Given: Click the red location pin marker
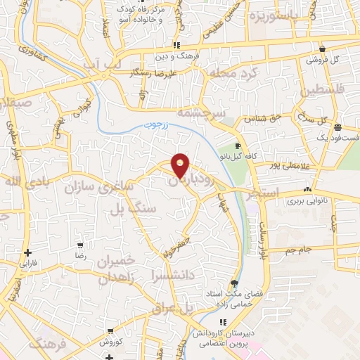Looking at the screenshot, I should [181, 165].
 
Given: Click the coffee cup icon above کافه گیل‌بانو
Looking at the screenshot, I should [237, 146].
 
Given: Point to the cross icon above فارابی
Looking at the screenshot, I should [27, 252].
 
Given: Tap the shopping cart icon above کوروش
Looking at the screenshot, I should [108, 330].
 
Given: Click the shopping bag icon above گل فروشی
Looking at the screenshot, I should [321, 49].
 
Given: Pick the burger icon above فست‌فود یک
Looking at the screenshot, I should [338, 127].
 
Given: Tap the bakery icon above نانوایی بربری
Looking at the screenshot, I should [307, 190].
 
